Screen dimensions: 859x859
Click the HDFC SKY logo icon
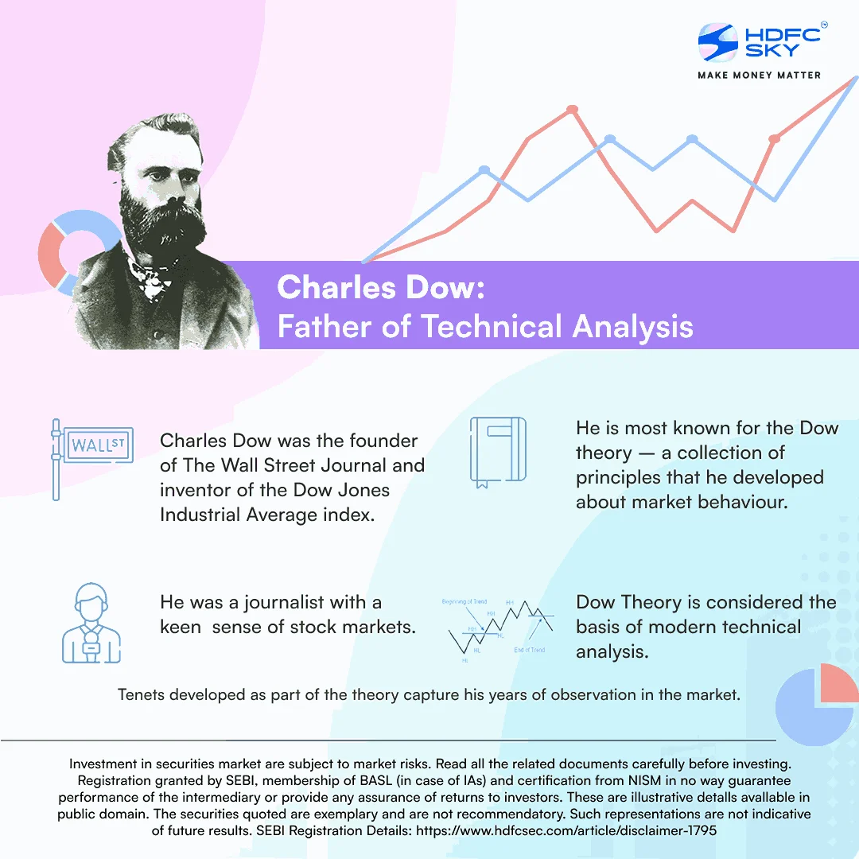tap(718, 42)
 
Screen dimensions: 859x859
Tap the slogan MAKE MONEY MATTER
tap(759, 75)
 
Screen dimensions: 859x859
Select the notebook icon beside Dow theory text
tap(498, 451)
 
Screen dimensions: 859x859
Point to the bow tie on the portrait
tap(148, 278)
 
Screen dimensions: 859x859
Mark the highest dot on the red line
tap(571, 109)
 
